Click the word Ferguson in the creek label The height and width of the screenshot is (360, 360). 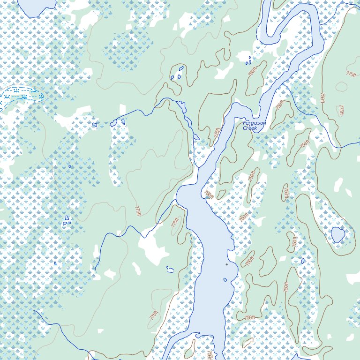click(254, 123)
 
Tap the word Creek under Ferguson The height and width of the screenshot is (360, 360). click(250, 128)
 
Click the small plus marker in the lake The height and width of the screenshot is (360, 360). click(227, 264)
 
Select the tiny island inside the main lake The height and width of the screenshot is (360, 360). click(225, 280)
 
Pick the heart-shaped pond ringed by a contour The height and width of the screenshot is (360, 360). click(337, 234)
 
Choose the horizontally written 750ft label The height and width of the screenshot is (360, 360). click(249, 318)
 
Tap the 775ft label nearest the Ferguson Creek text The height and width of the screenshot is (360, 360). click(217, 133)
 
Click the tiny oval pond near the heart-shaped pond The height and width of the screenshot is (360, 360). click(303, 261)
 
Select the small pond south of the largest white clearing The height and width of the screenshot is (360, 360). click(170, 270)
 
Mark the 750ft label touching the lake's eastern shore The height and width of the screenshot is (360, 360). click(209, 194)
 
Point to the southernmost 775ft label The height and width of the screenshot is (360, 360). click(153, 315)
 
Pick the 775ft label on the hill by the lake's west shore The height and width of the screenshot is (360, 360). click(175, 222)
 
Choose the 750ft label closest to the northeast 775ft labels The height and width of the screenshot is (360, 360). click(322, 97)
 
